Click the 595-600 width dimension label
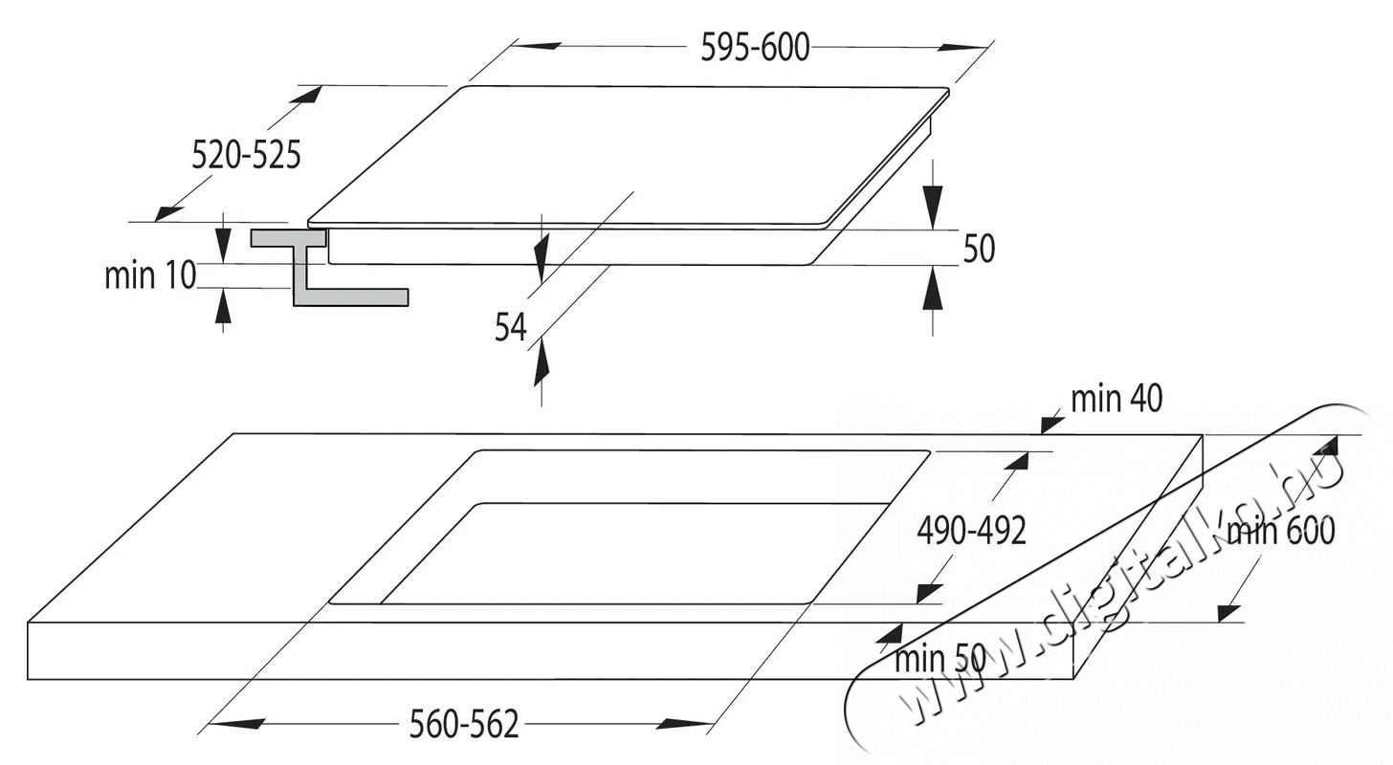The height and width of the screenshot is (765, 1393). (x=755, y=47)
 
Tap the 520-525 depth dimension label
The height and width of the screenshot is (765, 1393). (x=246, y=155)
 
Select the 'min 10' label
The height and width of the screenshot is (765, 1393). (x=150, y=274)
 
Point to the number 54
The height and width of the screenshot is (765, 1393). (x=511, y=327)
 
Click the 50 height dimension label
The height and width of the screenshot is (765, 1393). (x=980, y=249)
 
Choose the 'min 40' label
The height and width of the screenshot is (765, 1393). (x=1117, y=399)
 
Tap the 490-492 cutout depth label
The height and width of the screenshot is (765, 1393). (x=971, y=532)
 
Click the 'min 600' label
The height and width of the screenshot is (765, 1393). (x=1281, y=532)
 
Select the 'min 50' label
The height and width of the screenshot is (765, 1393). (x=940, y=659)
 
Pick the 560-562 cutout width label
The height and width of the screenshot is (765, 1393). (x=464, y=724)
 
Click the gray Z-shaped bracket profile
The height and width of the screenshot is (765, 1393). (x=329, y=268)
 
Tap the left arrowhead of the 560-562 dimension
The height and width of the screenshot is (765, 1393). (x=236, y=723)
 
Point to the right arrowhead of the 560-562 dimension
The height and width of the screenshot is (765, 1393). (x=684, y=723)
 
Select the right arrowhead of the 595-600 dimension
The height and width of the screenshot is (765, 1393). (x=962, y=47)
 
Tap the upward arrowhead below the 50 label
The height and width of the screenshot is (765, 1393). (x=932, y=288)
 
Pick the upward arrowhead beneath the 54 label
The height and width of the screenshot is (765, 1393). (x=542, y=361)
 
